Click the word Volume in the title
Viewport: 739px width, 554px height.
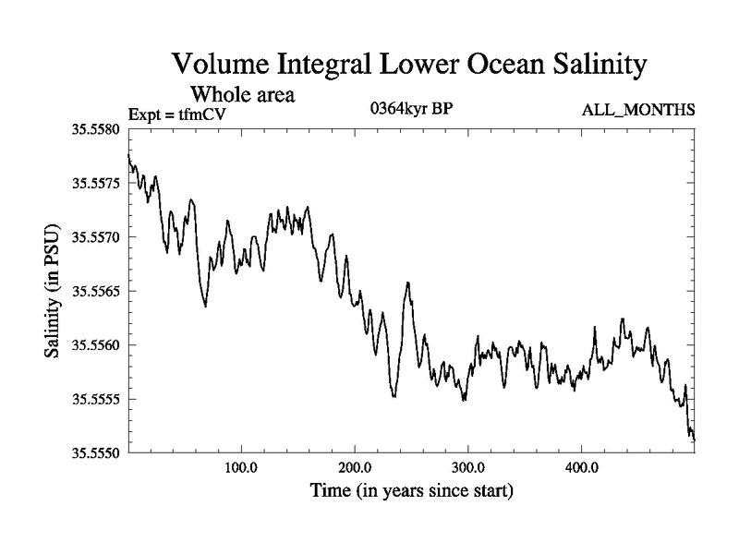(218, 66)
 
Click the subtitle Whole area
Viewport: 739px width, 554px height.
(243, 94)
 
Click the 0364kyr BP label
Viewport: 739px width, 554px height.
(410, 109)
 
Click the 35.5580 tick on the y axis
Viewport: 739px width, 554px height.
(96, 129)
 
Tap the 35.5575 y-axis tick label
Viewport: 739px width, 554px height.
(96, 183)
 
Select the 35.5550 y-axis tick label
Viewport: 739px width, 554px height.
(96, 452)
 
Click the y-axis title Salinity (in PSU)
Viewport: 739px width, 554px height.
(52, 291)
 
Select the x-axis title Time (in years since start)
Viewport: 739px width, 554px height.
(411, 491)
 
